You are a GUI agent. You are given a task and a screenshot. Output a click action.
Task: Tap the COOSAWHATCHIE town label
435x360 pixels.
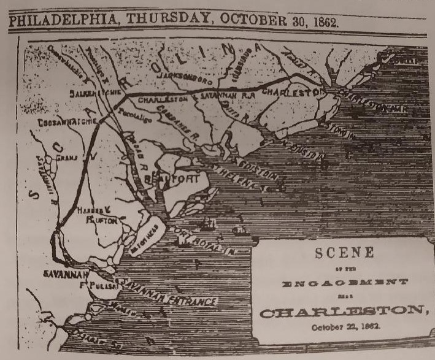click(x=62, y=121)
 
